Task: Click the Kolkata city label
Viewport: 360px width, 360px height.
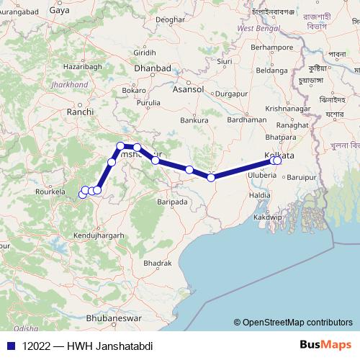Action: pyautogui.click(x=281, y=156)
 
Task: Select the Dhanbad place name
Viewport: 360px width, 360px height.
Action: pyautogui.click(x=154, y=68)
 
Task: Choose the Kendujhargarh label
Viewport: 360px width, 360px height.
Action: pyautogui.click(x=99, y=235)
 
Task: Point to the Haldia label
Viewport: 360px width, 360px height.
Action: pyautogui.click(x=259, y=195)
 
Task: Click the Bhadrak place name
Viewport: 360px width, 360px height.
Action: pyautogui.click(x=157, y=264)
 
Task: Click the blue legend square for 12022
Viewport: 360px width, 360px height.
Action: pyautogui.click(x=9, y=346)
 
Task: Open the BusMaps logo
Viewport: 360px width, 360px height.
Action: pyautogui.click(x=321, y=346)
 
